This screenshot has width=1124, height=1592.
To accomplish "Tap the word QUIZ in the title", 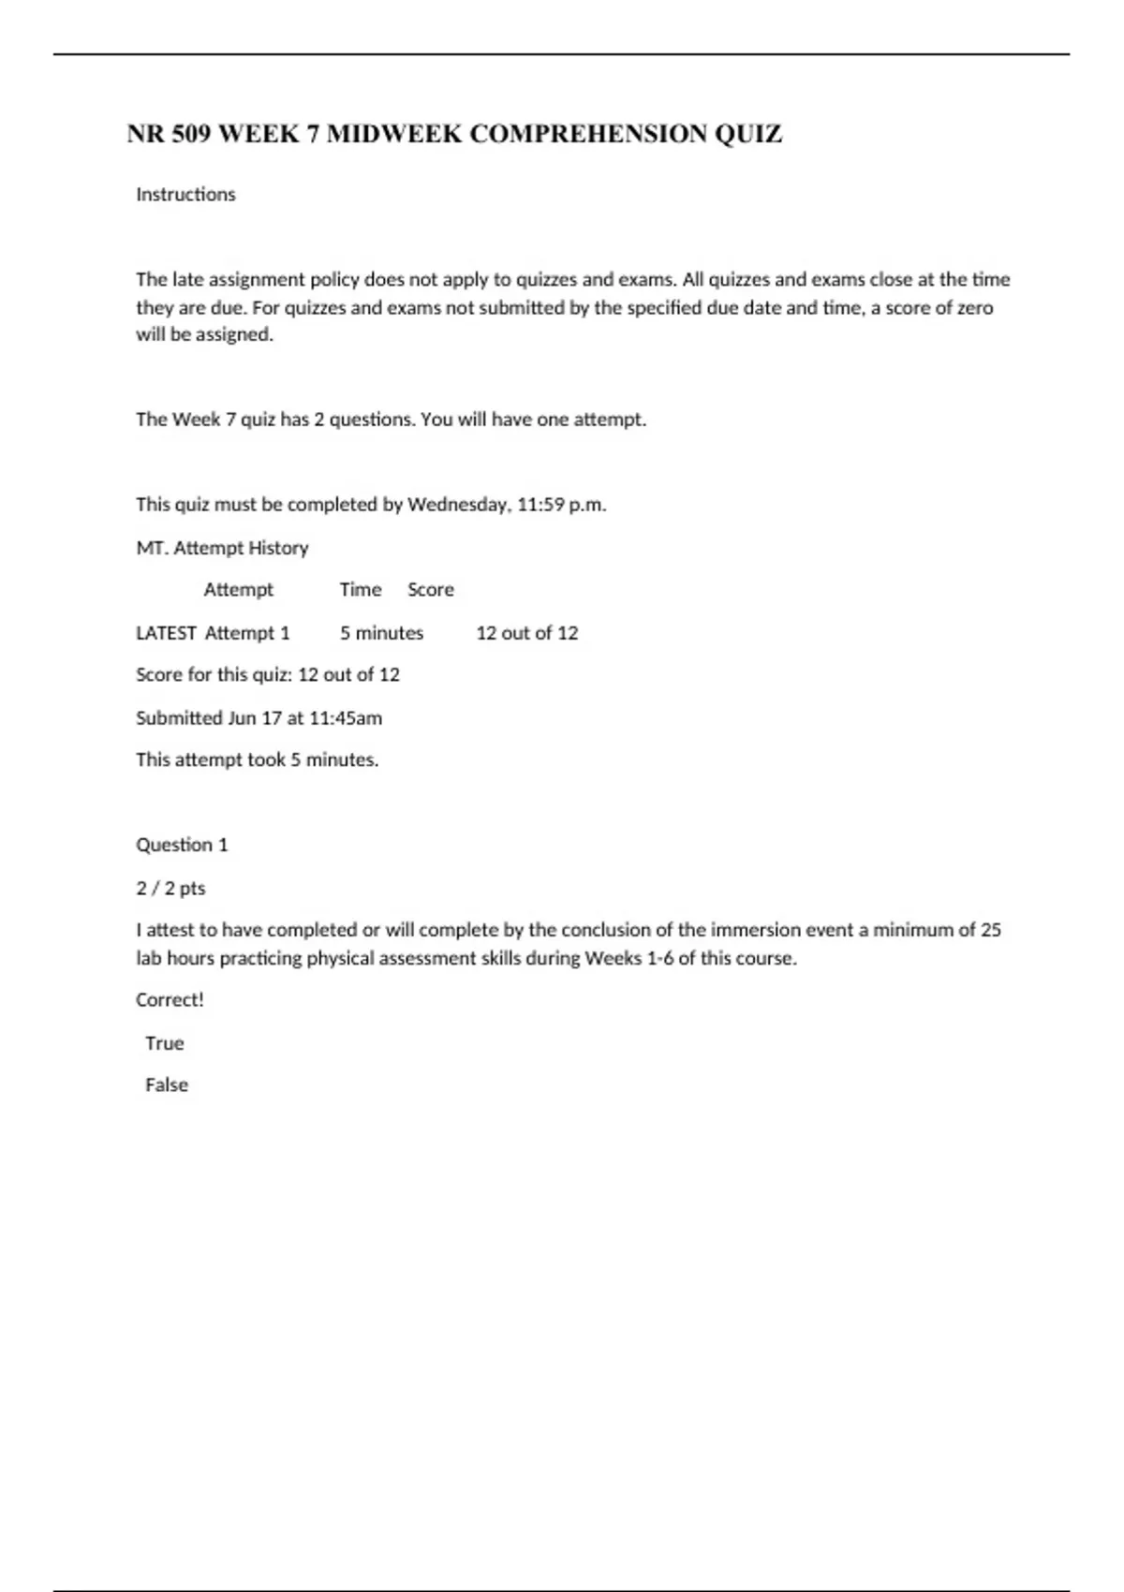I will (748, 135).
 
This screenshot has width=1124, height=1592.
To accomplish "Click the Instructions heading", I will (185, 195).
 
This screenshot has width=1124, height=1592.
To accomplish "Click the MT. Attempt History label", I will (222, 548).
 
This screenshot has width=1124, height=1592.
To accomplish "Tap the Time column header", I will (361, 590).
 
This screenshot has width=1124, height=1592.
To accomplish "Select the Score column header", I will (431, 590).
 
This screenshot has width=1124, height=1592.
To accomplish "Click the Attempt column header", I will (239, 590).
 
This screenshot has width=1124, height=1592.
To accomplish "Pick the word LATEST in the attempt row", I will (166, 633).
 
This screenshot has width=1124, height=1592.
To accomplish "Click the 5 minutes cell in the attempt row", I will (381, 633).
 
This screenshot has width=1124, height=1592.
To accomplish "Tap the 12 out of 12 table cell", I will (527, 633).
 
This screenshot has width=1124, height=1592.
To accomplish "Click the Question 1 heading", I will (182, 845).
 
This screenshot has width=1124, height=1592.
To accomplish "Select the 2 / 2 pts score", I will (170, 888).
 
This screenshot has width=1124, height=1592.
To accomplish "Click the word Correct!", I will (170, 1000).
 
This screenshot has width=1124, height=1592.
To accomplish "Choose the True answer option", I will (165, 1043).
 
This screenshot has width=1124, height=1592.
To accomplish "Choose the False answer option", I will (167, 1085).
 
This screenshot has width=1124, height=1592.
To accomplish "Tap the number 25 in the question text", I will (990, 930).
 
